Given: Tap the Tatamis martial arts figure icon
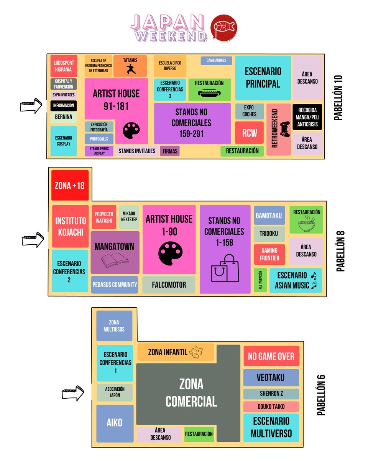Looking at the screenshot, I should (130, 70).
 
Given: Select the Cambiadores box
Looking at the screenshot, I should (216, 61).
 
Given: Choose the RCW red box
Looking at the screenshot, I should (250, 133).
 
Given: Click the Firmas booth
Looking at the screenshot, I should (170, 151).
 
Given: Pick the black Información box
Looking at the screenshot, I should (64, 106).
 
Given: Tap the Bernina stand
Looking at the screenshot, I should (64, 117).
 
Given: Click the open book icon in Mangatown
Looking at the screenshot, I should (115, 261).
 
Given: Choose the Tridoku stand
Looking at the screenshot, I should (269, 234).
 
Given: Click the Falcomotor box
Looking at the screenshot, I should (169, 285).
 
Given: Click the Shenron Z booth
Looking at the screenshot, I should (271, 394).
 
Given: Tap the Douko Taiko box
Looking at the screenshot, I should (271, 406).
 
